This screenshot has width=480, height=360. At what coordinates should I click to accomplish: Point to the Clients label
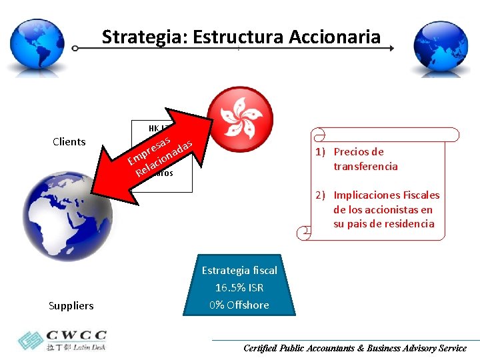click(x=69, y=141)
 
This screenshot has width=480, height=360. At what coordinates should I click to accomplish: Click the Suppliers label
click(x=71, y=305)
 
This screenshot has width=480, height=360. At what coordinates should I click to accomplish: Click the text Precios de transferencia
click(x=365, y=159)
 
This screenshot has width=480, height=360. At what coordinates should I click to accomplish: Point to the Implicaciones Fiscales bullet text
click(x=386, y=209)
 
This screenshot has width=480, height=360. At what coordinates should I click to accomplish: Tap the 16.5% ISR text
click(x=239, y=287)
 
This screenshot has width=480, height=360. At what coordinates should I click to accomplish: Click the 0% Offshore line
click(x=239, y=305)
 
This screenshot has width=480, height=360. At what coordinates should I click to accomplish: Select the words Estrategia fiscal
click(x=239, y=270)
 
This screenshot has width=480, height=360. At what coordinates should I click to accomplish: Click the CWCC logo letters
click(x=77, y=335)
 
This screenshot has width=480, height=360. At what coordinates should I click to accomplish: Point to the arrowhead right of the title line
click(x=391, y=49)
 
